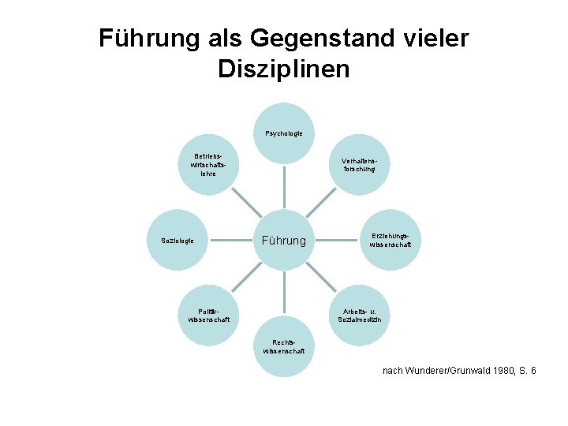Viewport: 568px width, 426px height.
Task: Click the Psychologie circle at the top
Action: tap(284, 133)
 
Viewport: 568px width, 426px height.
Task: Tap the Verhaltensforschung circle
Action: tap(359, 164)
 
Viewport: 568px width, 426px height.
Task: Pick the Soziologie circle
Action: tap(178, 240)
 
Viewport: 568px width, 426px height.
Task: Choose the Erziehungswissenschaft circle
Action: tap(390, 240)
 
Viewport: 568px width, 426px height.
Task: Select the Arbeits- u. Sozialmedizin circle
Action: tap(359, 316)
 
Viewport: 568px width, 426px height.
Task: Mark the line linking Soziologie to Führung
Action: tap(231, 240)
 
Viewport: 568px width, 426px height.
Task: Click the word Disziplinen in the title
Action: tap(283, 69)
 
